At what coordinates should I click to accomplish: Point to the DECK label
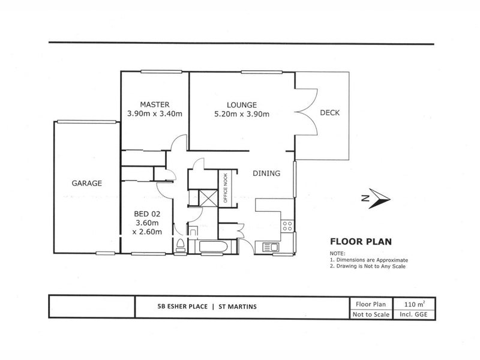[330, 112]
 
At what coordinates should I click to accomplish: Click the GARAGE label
[87, 183]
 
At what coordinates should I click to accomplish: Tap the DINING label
[266, 173]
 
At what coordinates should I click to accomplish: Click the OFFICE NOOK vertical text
[226, 190]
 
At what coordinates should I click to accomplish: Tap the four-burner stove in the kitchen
[287, 226]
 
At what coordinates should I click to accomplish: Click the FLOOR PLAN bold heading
[361, 242]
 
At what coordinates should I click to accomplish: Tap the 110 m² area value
[414, 304]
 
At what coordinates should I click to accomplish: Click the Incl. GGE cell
[414, 314]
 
